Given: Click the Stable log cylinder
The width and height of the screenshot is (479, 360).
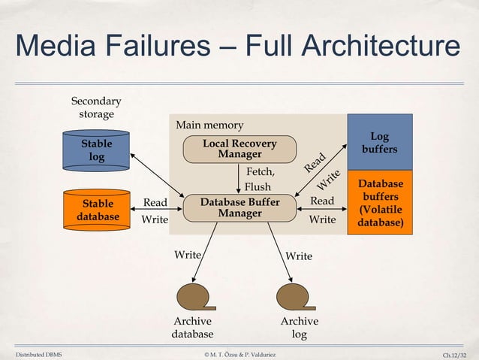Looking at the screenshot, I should (x=97, y=150).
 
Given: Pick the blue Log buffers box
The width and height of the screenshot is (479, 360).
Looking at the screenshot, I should (x=379, y=143).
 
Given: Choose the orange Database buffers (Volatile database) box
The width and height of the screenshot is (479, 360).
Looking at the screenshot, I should (x=379, y=203).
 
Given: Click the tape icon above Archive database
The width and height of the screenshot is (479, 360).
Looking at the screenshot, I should (x=191, y=294).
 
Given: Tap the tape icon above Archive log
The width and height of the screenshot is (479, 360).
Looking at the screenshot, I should (x=293, y=294).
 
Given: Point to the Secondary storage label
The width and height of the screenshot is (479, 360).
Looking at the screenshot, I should (x=96, y=107).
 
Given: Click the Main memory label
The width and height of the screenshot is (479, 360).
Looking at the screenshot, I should (x=209, y=125).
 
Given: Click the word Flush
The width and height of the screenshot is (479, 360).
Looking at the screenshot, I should (x=258, y=186).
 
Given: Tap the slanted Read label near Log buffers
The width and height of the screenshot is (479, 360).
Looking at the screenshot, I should (x=315, y=161).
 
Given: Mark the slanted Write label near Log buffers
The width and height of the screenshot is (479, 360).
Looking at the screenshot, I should (x=327, y=177).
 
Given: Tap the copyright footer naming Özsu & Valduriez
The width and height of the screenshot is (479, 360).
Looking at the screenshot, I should (x=239, y=352).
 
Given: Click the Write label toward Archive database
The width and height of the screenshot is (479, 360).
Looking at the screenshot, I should (x=188, y=255).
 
